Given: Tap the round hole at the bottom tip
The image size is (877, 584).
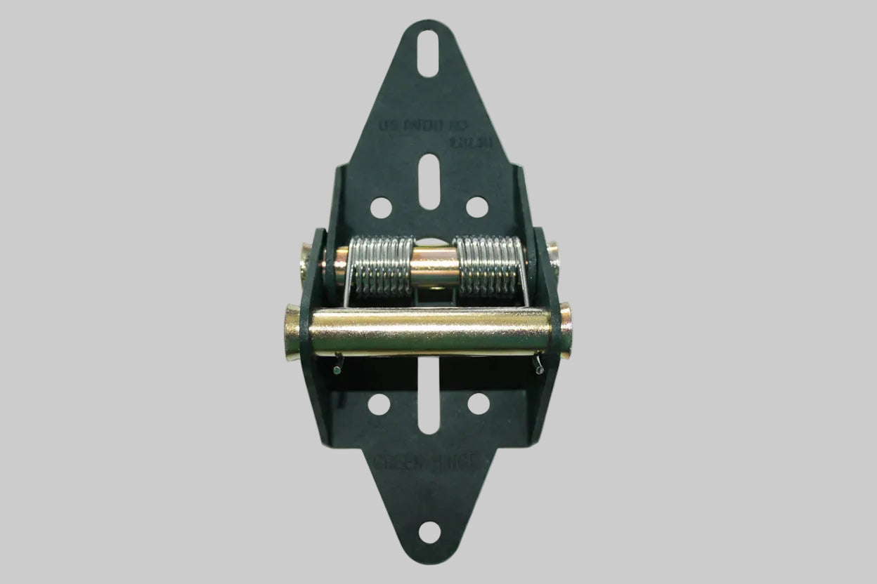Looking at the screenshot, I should (429, 531).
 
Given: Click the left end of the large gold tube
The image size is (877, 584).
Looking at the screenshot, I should (293, 331).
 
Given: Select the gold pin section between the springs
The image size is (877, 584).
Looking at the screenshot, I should (434, 265).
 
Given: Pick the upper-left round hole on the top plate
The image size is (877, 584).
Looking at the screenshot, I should (381, 207).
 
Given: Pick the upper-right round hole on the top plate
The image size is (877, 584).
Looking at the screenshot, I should (477, 207).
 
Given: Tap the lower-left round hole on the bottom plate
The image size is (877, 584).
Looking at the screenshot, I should (379, 404).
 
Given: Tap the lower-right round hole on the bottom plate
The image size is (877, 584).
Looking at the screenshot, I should (479, 404).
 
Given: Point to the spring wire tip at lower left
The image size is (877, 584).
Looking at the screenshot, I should (338, 369).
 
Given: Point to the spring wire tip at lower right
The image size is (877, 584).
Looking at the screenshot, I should (540, 367).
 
